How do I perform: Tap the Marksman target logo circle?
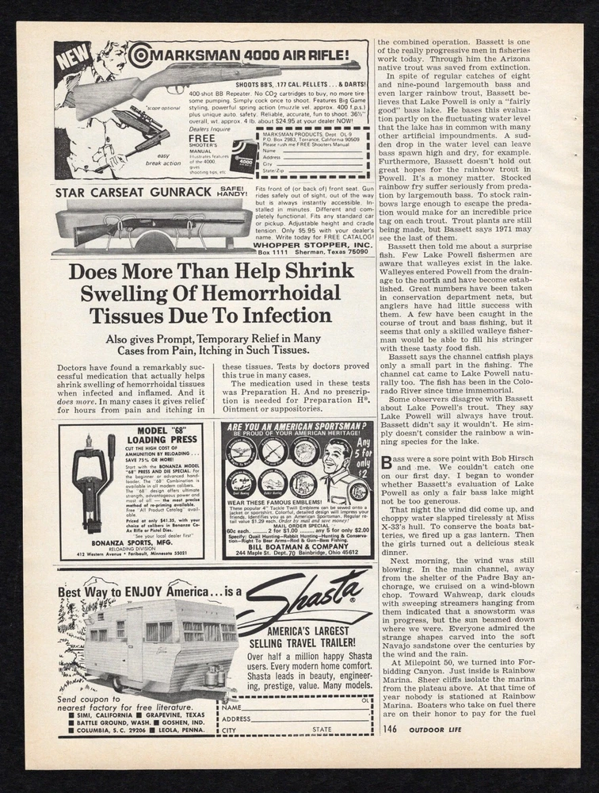140,54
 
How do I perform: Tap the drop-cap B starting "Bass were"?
386,462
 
